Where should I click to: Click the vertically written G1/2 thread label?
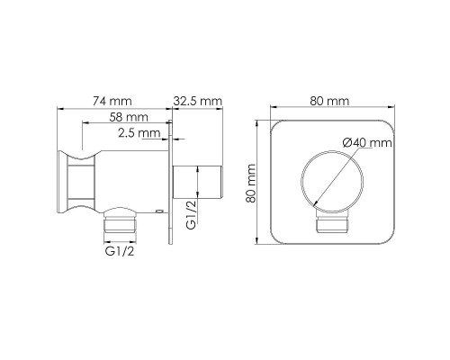190,217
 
